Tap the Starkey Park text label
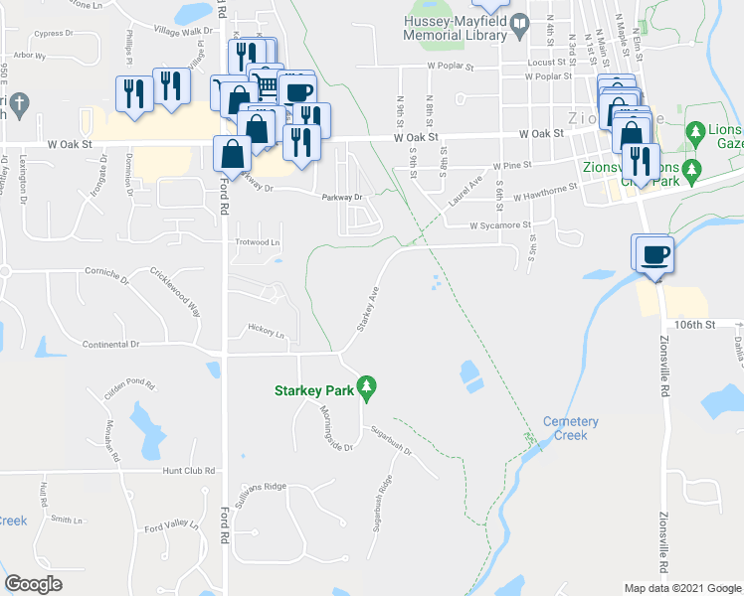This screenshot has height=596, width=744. (x=314, y=390)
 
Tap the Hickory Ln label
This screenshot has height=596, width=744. (x=266, y=335)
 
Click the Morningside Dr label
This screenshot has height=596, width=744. (x=336, y=428)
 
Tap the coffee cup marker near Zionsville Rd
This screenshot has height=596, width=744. (x=653, y=254)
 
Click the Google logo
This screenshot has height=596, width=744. (x=34, y=584)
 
